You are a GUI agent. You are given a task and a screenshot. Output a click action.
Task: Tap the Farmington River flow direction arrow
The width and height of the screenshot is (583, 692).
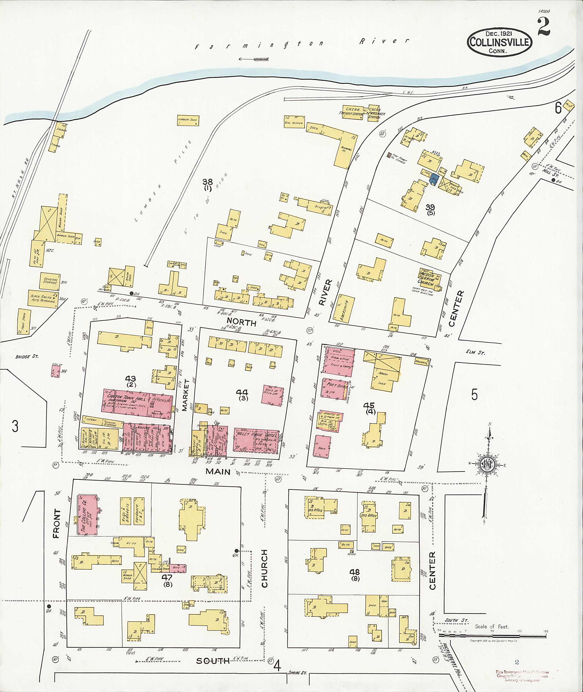254,60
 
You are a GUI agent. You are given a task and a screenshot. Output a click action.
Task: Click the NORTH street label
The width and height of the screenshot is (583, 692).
241,322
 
